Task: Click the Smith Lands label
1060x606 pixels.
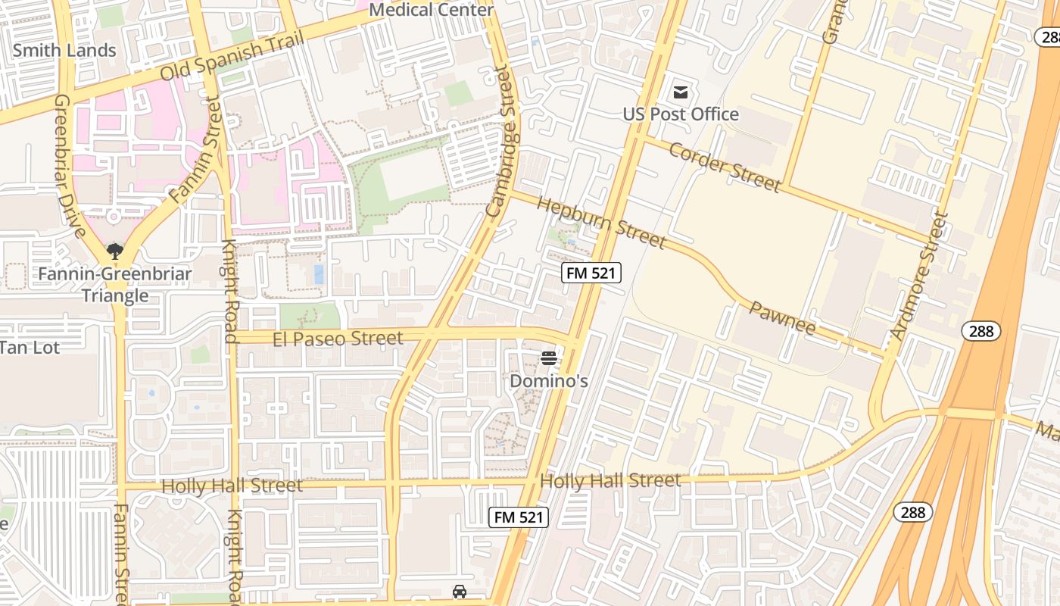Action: pos(64,51)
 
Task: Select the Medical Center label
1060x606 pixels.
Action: pos(432,10)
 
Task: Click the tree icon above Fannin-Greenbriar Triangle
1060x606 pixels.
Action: pos(115,251)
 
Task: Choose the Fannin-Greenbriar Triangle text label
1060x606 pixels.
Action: pos(115,284)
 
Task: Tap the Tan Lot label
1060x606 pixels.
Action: pos(30,348)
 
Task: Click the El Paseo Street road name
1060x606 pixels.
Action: pos(338,339)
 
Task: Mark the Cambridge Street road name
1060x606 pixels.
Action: pos(505,142)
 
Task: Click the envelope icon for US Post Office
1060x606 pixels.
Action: pos(681,92)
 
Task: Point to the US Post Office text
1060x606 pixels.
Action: pos(681,114)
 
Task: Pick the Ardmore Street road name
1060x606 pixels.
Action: pos(918,276)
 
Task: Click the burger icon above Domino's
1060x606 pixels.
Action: pos(549,358)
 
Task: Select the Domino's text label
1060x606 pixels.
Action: pos(549,380)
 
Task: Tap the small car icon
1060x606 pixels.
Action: pos(459,592)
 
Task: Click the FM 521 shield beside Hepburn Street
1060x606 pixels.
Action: pos(591,273)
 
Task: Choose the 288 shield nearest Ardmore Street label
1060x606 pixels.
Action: pos(981,331)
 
